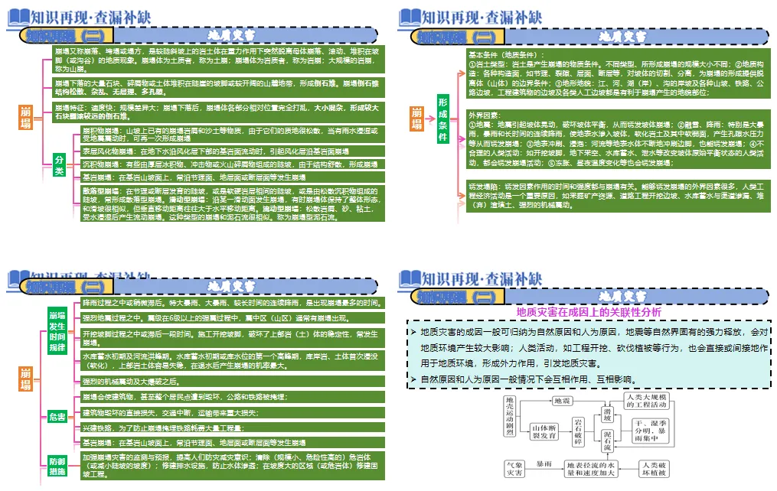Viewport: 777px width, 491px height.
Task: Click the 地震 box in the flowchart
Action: tap(562, 400)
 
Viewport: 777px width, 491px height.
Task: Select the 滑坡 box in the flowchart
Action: tap(606, 415)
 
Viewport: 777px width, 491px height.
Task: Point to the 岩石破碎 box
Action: tap(579, 431)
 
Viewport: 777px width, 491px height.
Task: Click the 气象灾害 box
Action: tap(514, 469)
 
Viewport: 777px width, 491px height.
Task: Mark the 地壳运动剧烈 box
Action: tap(510, 417)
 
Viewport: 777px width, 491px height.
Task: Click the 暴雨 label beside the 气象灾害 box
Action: tap(544, 464)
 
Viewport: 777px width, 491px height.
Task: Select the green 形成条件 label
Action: tap(442, 120)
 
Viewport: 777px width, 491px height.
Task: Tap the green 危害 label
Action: tap(57, 416)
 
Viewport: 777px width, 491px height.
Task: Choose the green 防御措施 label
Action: tap(57, 466)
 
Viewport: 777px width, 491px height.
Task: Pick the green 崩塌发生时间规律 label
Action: tap(57, 331)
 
